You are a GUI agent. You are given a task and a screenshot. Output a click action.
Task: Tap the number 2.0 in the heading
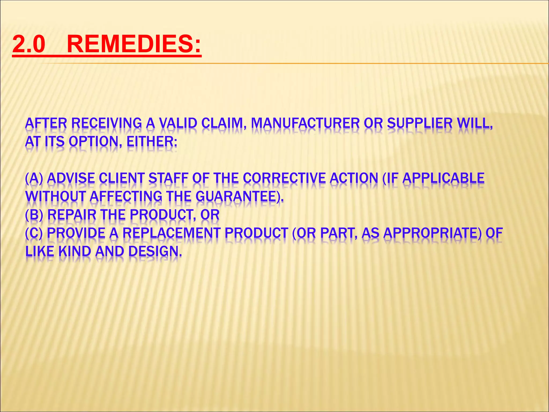tap(29, 44)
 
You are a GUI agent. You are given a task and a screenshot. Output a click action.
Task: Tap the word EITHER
tap(151, 141)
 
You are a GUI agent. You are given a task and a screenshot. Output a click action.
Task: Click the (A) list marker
tap(34, 178)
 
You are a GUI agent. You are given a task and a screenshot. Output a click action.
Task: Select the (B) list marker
tap(34, 215)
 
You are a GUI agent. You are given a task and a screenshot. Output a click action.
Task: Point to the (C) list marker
tap(34, 233)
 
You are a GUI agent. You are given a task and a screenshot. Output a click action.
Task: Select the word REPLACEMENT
tap(172, 233)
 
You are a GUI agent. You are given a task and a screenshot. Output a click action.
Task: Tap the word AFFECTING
tap(126, 196)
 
